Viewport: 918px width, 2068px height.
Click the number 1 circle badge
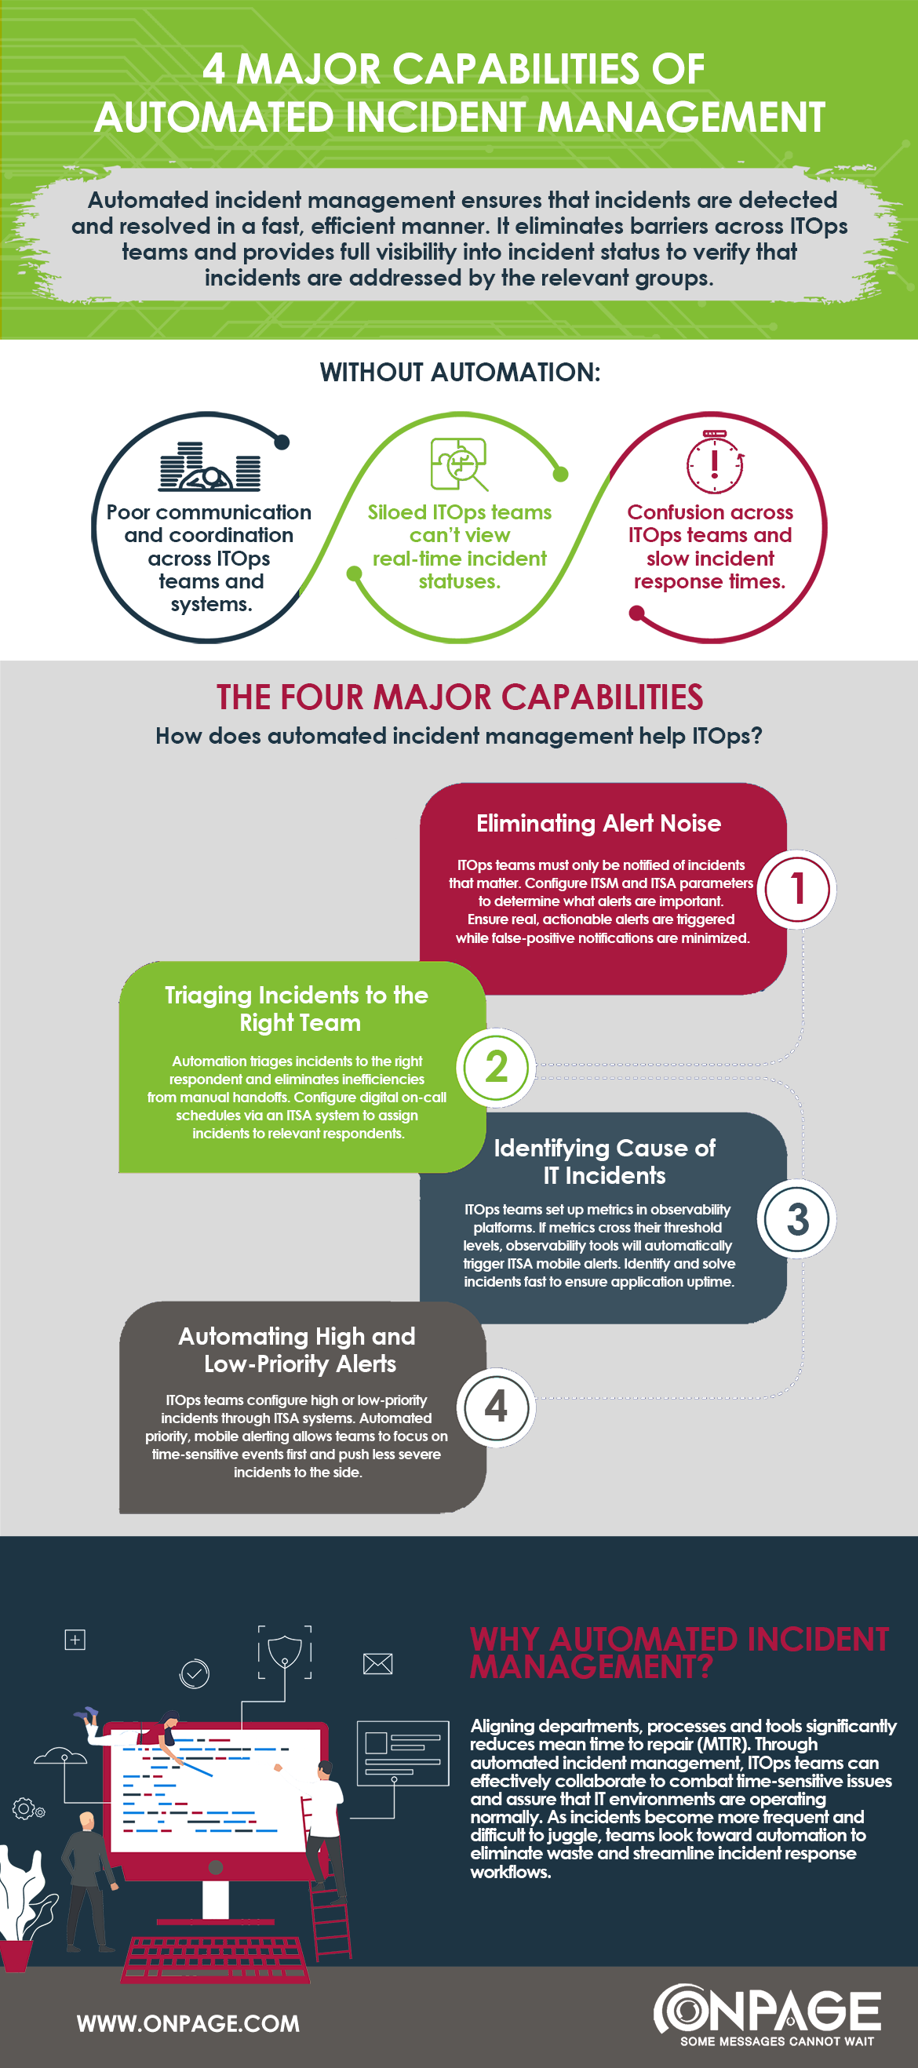(x=796, y=889)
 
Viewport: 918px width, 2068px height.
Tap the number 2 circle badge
(x=497, y=1067)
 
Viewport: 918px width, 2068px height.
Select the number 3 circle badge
(x=796, y=1218)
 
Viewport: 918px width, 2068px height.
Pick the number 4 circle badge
(x=497, y=1407)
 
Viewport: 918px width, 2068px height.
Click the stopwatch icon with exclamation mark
(x=714, y=463)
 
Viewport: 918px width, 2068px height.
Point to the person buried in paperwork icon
(x=209, y=467)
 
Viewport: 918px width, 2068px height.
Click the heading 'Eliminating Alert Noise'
(x=599, y=824)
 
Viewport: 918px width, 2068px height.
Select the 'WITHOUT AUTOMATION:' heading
(x=460, y=373)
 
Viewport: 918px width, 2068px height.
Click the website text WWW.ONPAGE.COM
(x=188, y=2023)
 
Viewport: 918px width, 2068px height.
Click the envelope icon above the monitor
(x=377, y=1663)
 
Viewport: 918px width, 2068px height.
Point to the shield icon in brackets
(x=284, y=1652)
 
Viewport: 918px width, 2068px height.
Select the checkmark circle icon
(x=195, y=1673)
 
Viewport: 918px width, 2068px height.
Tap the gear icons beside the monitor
(x=28, y=1808)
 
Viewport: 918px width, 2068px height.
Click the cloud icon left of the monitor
(x=60, y=1756)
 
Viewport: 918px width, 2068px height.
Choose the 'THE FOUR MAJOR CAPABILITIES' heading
(x=460, y=697)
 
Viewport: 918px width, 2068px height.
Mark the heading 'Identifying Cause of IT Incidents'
(x=604, y=1161)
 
